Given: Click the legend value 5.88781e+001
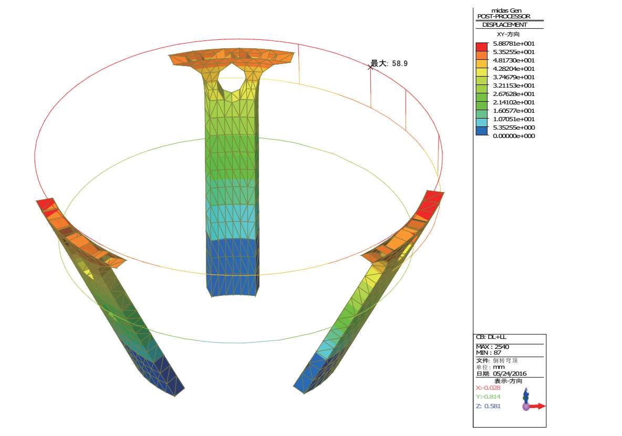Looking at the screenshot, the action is [514, 44].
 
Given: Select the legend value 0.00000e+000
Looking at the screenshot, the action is [514, 136].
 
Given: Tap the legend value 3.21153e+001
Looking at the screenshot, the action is [514, 86].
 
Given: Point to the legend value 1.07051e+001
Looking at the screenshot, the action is [514, 119].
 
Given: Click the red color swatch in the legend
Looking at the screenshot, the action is [482, 46].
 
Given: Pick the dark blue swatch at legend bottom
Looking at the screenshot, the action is [482, 131].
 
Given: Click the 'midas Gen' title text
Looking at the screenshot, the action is [506, 10].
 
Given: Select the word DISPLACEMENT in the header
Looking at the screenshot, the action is [504, 25].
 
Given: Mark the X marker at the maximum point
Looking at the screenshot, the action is [370, 67].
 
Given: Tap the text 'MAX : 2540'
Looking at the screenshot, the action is [492, 347].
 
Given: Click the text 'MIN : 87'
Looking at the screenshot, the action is [489, 353].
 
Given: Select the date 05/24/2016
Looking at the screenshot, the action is [510, 374].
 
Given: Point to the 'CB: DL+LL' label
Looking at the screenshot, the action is [491, 337].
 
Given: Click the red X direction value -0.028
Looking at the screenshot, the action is [488, 388].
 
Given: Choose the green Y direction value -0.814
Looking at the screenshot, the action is [488, 397].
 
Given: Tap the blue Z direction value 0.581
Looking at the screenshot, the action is [488, 406].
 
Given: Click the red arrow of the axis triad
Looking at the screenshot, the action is [537, 406].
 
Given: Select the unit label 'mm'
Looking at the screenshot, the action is [497, 367].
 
